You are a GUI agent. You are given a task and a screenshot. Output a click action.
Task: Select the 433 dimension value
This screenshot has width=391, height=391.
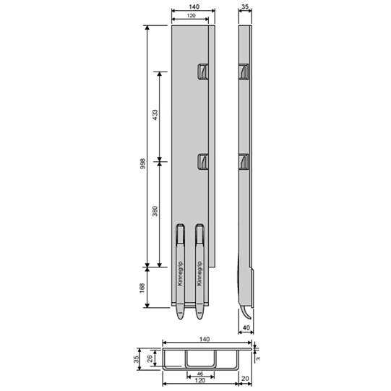click(155, 115)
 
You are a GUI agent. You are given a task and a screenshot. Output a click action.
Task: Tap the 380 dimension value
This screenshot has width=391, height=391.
click(155, 212)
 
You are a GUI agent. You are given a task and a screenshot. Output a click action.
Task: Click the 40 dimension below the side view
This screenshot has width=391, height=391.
click(246, 328)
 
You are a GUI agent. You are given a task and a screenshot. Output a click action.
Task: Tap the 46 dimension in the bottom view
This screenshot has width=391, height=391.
click(200, 374)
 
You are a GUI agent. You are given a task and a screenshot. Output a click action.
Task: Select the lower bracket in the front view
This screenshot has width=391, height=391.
click(203, 163)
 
